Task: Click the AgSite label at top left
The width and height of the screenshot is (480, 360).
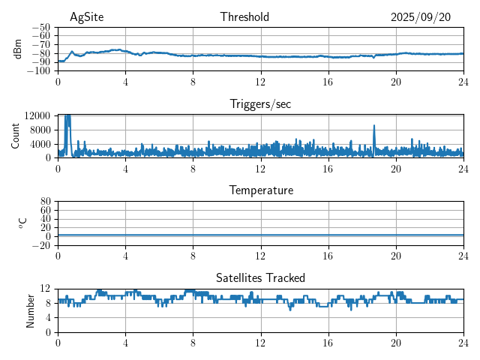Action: click(86, 17)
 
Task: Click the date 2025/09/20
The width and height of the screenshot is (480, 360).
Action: click(421, 17)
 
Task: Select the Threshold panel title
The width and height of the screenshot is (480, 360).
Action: click(245, 17)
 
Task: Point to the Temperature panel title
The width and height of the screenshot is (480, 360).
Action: click(261, 190)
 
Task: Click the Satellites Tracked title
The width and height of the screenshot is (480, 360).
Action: click(260, 277)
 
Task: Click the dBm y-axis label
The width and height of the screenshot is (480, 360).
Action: click(19, 48)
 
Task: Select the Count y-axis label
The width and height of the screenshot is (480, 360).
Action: click(16, 136)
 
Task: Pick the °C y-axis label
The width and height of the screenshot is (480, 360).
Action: click(22, 223)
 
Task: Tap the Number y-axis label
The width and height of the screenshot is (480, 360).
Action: click(31, 310)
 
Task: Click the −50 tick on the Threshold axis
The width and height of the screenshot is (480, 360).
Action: click(42, 27)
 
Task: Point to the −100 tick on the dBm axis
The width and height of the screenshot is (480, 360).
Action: click(39, 70)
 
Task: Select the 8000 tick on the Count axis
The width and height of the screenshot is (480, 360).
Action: click(40, 129)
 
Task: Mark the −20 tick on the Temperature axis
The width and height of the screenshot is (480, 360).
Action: click(42, 245)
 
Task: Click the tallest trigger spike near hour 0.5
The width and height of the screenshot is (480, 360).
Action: click(67, 116)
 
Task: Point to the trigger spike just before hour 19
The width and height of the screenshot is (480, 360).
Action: click(373, 127)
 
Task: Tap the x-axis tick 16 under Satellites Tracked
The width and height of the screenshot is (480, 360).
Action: click(328, 342)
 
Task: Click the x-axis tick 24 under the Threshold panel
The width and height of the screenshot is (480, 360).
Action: click(463, 82)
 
